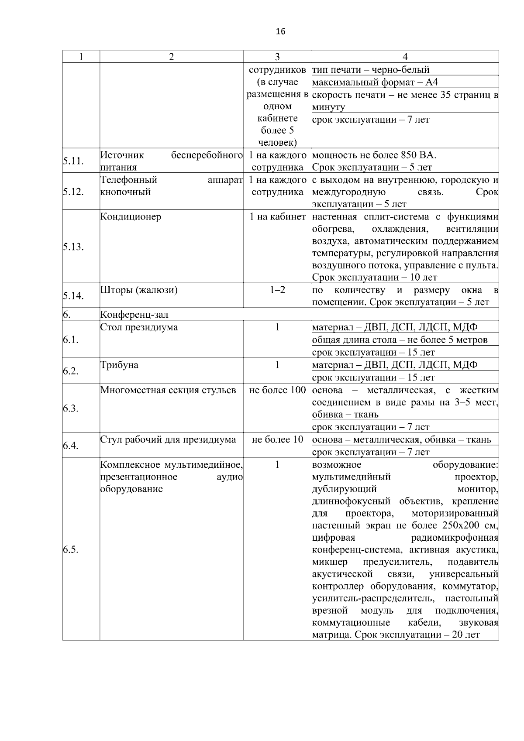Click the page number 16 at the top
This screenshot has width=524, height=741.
pyautogui.click(x=281, y=31)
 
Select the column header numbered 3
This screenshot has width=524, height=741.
pyautogui.click(x=277, y=57)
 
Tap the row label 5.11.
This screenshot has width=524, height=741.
pyautogui.click(x=73, y=161)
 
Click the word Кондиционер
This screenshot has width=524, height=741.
pyautogui.click(x=131, y=216)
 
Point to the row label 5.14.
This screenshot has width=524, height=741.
pyautogui.click(x=73, y=296)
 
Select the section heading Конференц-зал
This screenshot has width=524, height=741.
pyautogui.click(x=134, y=315)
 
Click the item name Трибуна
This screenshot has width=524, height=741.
pyautogui.click(x=119, y=365)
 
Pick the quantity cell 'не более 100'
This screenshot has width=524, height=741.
pyautogui.click(x=277, y=390)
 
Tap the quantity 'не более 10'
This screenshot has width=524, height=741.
pyautogui.click(x=277, y=439)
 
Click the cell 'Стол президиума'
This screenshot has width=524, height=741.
pyautogui.click(x=139, y=327)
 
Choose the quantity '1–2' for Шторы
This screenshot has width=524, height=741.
pyautogui.click(x=277, y=290)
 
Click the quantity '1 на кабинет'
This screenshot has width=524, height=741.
pyautogui.click(x=277, y=216)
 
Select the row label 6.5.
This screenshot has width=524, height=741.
pyautogui.click(x=70, y=549)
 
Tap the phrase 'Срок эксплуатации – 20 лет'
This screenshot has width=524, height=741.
pyautogui.click(x=417, y=635)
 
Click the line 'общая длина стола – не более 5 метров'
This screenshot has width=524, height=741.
pyautogui.click(x=400, y=340)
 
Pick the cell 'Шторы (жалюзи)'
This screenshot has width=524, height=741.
pyautogui.click(x=139, y=290)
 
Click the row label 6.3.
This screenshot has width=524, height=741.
pyautogui.click(x=70, y=408)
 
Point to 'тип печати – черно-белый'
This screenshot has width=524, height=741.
pyautogui.click(x=371, y=69)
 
